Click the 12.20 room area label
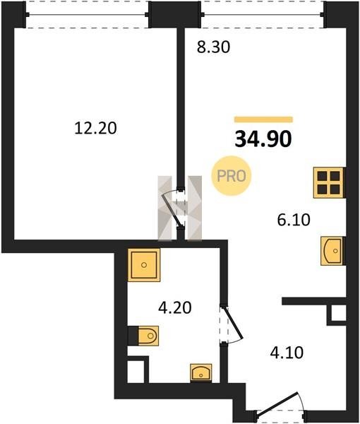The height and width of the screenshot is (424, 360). tap(95, 128)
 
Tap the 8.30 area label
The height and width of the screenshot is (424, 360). tap(213, 47)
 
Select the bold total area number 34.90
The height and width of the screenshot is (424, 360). tap(263, 139)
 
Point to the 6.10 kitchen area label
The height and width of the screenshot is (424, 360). tap(294, 219)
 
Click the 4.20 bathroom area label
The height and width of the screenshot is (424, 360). tap(175, 307)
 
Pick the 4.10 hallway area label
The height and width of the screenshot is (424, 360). tap(287, 353)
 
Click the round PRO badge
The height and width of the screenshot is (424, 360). tap(232, 176)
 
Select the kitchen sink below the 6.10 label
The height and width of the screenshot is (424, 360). tap(331, 251)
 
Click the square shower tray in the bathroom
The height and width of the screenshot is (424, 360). tap(144, 265)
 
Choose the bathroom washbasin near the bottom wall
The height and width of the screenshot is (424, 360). tap(201, 372)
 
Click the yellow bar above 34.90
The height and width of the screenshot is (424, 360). tap(263, 119)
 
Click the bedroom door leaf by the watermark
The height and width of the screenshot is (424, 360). tap(172, 210)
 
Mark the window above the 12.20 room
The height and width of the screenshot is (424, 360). tap(88, 14)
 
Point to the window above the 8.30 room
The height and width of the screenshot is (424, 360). tap(263, 14)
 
